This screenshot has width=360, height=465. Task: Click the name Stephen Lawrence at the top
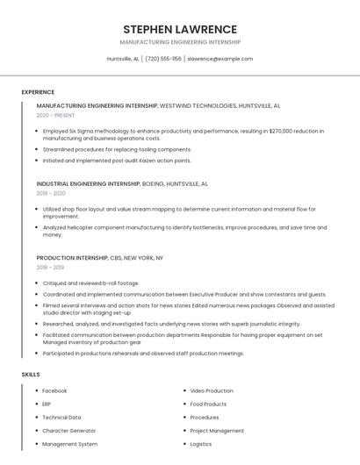pos(180,29)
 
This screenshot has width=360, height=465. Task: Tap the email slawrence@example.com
pos(220,59)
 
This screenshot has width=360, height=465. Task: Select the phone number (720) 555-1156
pos(163,59)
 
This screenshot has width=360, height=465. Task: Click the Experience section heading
pos(38,92)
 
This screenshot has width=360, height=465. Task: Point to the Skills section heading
pos(31,375)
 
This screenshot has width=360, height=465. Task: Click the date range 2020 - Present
pos(55,115)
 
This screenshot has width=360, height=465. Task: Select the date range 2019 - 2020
pos(51,193)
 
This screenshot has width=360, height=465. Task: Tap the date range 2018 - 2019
pos(50,268)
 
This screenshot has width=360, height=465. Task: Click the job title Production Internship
pos(72,258)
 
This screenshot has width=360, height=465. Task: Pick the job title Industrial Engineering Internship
pos(88,184)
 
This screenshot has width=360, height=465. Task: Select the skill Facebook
pos(54,390)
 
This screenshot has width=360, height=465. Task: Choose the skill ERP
pos(47,404)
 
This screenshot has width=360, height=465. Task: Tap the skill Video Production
pos(212,390)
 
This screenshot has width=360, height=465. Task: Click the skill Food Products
pos(208,404)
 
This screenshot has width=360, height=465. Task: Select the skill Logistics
pos(201,444)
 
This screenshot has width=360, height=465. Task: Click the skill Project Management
pos(217,431)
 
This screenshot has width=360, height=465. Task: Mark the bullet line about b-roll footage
pos(90,283)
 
